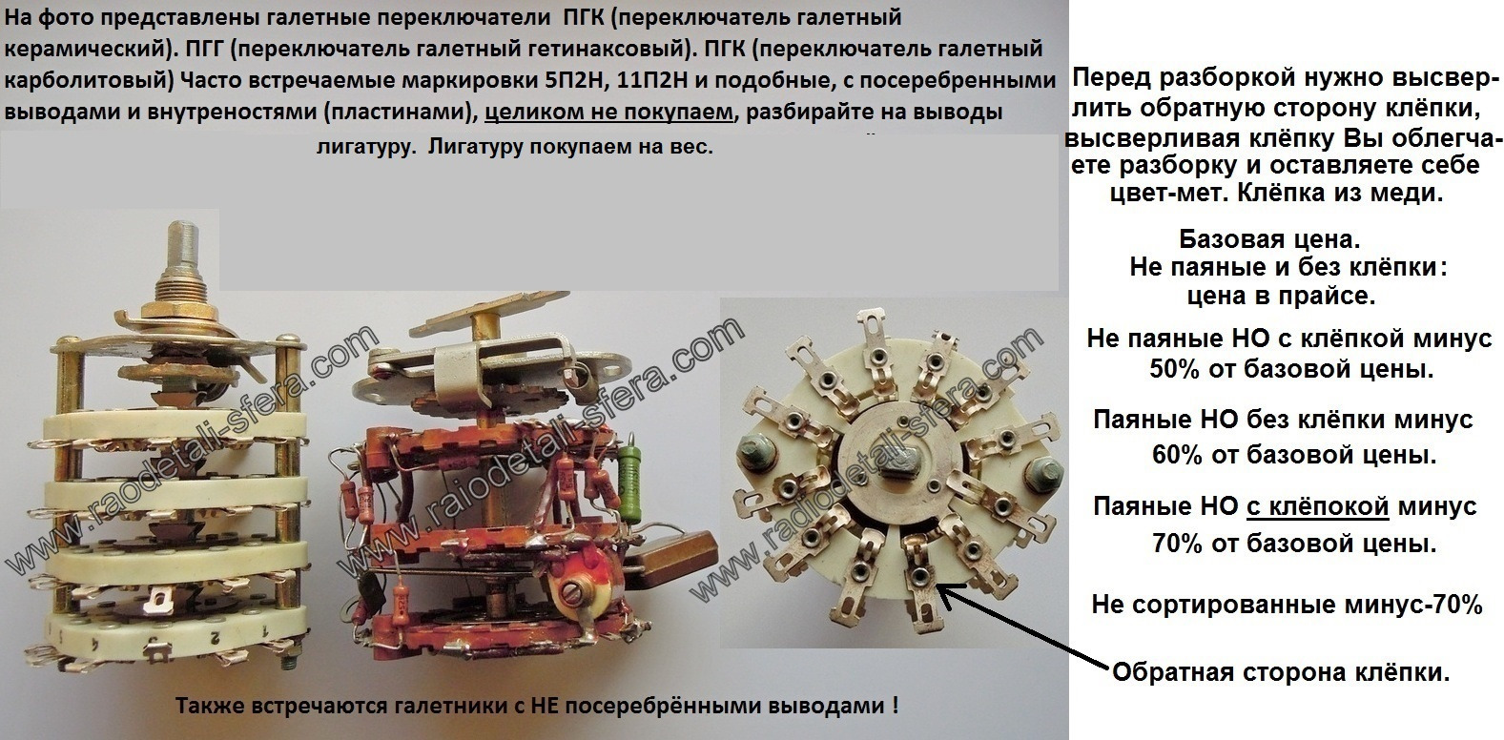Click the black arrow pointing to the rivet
(x=1024, y=627)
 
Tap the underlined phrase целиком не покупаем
(x=608, y=110)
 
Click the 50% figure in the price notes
(x=1174, y=369)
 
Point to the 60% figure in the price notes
(x=1177, y=455)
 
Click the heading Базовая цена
(x=1269, y=238)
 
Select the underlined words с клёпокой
(x=1317, y=505)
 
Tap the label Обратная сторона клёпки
(x=1281, y=672)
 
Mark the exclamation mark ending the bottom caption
(x=896, y=705)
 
